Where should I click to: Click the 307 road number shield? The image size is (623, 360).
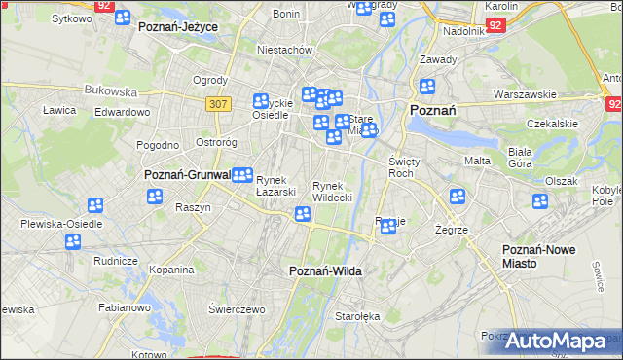pos(217,102)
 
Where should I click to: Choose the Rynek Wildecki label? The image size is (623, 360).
pos(331,191)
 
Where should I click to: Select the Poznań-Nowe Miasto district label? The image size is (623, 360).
pos(538,257)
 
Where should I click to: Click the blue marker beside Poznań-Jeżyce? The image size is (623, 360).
pos(124,17)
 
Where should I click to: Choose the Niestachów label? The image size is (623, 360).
pos(283,49)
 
